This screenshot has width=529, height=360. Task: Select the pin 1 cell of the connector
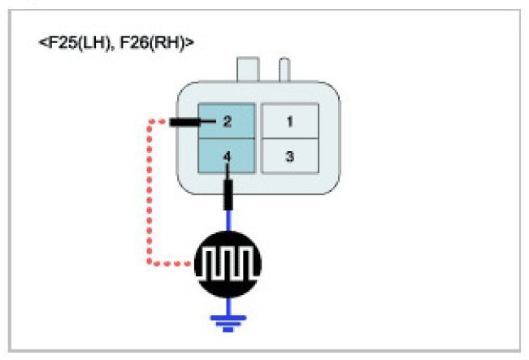(289, 122)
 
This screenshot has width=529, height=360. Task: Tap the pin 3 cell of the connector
(289, 155)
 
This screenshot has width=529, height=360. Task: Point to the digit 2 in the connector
(228, 122)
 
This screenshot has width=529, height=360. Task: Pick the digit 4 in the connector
(228, 154)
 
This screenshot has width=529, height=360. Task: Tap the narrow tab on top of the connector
(284, 68)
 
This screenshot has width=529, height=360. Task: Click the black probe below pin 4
(229, 194)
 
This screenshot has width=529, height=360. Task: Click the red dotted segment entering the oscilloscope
(173, 263)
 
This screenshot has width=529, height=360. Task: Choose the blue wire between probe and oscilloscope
(229, 221)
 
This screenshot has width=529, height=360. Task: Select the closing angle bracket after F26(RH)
(191, 41)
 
